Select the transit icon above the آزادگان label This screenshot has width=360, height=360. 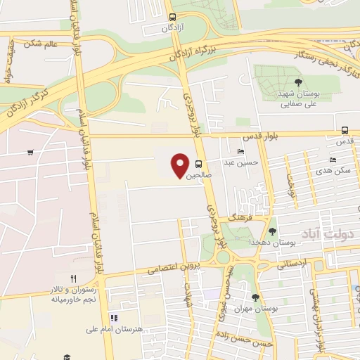(x=172, y=17)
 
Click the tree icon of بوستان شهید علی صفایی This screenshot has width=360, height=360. (x=299, y=83)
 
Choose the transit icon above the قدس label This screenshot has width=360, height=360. (x=345, y=130)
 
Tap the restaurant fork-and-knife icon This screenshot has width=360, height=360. (x=73, y=278)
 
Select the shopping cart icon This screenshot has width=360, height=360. (x=30, y=152)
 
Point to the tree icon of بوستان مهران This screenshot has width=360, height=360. (x=255, y=298)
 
